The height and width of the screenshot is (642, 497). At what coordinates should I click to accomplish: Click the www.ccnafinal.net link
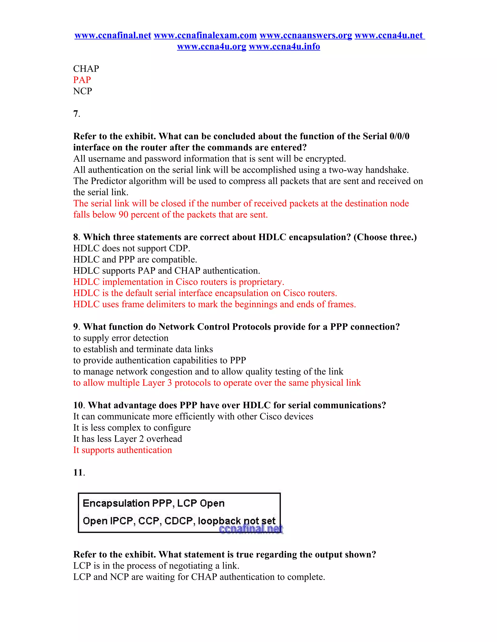click(113, 35)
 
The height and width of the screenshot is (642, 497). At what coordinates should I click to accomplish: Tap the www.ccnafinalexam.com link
click(205, 35)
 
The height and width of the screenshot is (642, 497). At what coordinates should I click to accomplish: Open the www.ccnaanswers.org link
click(306, 35)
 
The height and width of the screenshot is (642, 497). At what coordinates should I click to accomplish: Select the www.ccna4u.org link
click(211, 47)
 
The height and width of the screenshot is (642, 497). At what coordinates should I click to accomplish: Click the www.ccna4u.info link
click(284, 47)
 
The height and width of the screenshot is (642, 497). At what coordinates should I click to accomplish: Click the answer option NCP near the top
click(83, 91)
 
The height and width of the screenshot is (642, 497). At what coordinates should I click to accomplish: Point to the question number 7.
click(76, 114)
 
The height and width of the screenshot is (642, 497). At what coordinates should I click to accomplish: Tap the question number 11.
click(79, 472)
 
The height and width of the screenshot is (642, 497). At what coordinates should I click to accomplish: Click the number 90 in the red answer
click(123, 215)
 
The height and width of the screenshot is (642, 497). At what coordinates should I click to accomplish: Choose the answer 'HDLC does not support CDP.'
click(132, 248)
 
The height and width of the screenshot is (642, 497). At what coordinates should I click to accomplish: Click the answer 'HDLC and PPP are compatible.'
click(135, 259)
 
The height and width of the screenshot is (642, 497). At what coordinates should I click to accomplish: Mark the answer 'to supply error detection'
click(121, 338)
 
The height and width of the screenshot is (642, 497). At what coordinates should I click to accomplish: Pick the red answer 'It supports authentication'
click(123, 450)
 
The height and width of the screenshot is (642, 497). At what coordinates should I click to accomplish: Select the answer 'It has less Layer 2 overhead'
click(127, 439)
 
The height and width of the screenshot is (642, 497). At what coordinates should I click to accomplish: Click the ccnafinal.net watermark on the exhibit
click(251, 529)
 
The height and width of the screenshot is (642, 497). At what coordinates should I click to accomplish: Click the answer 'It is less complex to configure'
click(132, 428)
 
